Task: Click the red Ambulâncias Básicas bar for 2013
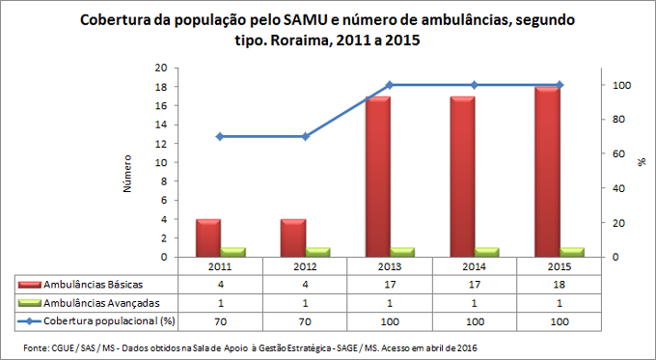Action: (377, 177)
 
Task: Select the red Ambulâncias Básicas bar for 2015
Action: (546, 172)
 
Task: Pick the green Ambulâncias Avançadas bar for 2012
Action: (317, 252)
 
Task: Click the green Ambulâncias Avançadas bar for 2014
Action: (486, 252)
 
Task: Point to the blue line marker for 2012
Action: (305, 136)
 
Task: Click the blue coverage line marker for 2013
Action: (389, 85)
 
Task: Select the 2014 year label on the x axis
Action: (474, 266)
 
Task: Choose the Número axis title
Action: (127, 172)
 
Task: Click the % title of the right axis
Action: (641, 163)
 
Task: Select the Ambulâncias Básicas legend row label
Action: (90, 285)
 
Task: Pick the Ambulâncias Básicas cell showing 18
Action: (559, 285)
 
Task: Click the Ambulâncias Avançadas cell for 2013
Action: (390, 302)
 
